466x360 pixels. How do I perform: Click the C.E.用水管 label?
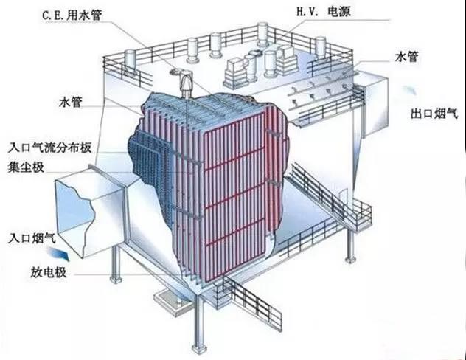pyautogui.click(x=72, y=15)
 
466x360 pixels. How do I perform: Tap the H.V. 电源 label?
pyautogui.click(x=324, y=12)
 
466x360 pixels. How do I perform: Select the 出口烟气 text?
pyautogui.click(x=434, y=114)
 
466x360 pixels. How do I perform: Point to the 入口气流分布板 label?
pyautogui.click(x=49, y=147)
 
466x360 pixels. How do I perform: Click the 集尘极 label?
pyautogui.click(x=26, y=167)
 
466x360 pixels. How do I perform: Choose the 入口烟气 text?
pyautogui.click(x=32, y=238)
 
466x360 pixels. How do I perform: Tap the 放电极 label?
pyautogui.click(x=48, y=272)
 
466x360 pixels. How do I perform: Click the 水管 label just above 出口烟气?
pyautogui.click(x=406, y=57)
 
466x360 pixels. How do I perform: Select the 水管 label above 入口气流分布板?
pyautogui.click(x=71, y=103)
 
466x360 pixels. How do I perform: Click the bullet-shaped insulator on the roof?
pyautogui.click(x=186, y=82)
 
